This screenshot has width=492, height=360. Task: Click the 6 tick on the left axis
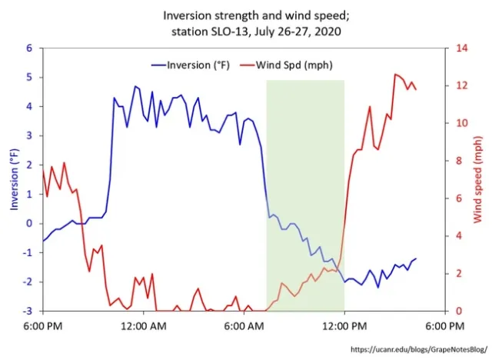click(x=30, y=48)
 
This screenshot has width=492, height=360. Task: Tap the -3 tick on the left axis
click(x=28, y=312)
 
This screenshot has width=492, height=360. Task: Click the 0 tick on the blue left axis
click(x=30, y=224)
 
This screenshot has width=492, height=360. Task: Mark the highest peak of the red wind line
click(x=395, y=75)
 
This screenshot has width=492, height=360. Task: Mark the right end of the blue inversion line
click(x=416, y=259)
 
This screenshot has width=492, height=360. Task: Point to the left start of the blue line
click(x=44, y=241)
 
